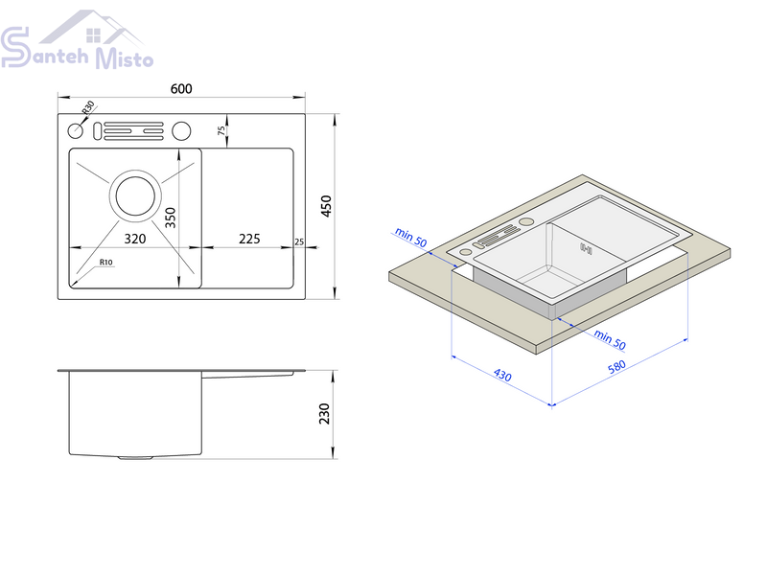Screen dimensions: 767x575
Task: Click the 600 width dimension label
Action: [x=181, y=88]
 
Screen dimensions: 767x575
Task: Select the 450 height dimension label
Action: [x=326, y=206]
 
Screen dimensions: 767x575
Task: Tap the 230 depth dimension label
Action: [x=324, y=414]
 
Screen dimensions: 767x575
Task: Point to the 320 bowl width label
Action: [x=135, y=239]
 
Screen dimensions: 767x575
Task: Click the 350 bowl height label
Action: [x=171, y=218]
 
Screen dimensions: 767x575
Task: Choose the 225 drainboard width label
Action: [x=249, y=239]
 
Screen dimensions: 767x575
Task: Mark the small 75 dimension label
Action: [x=221, y=130]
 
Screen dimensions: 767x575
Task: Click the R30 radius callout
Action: [x=88, y=107]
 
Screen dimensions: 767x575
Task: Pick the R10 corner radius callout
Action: [x=106, y=262]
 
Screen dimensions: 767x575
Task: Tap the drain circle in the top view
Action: [x=135, y=195]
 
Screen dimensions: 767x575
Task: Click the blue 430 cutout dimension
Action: [x=502, y=375]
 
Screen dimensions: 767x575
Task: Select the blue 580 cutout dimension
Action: [x=616, y=366]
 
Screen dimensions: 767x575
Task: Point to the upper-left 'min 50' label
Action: [x=411, y=238]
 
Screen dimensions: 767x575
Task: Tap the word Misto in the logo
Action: [x=125, y=58]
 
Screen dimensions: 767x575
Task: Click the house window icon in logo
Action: [x=93, y=35]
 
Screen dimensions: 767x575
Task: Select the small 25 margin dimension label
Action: [x=299, y=242]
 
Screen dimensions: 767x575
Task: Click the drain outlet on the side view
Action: [x=135, y=458]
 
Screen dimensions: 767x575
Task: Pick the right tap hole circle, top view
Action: [x=181, y=130]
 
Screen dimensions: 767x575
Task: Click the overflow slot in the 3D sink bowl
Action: [x=586, y=249]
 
